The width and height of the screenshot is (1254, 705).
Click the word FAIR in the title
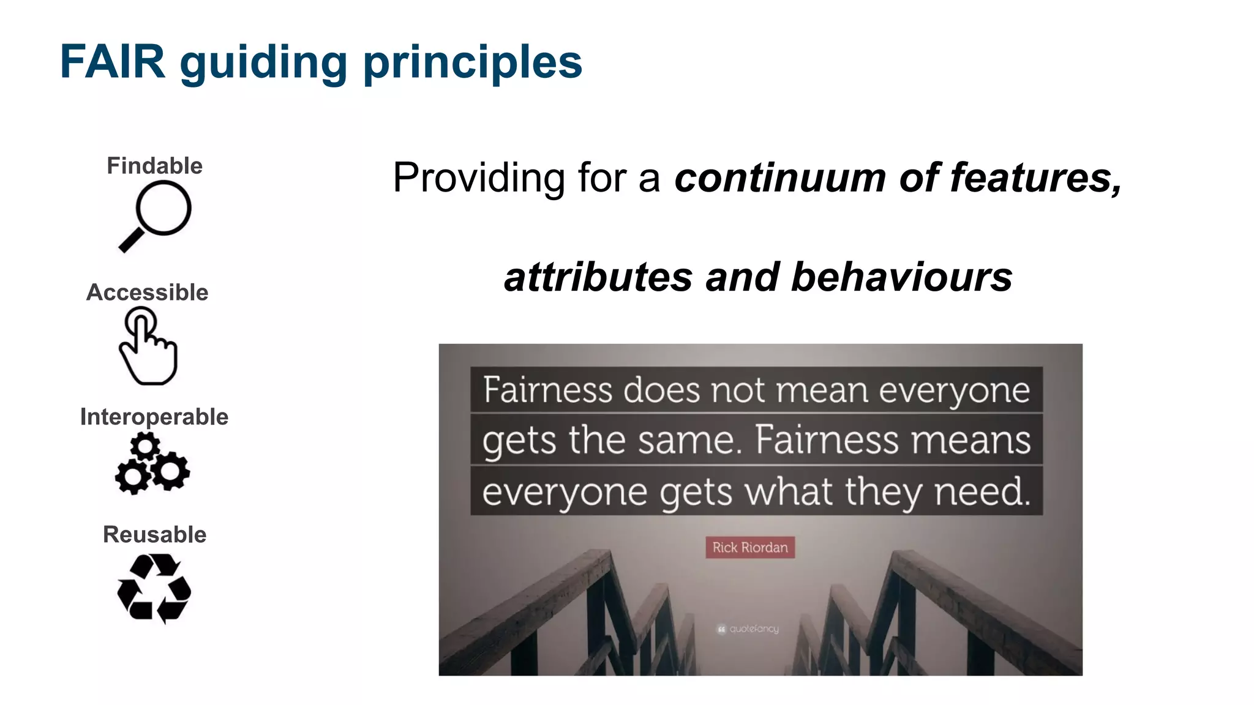click(113, 62)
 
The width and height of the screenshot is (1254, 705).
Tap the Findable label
click(154, 166)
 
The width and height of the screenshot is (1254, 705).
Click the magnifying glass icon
click(156, 216)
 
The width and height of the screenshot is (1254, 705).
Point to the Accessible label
click(147, 293)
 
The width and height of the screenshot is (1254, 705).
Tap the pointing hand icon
click(148, 346)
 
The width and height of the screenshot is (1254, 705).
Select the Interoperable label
click(154, 417)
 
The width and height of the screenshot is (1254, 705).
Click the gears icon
click(152, 463)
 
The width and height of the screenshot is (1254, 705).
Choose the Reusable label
click(154, 534)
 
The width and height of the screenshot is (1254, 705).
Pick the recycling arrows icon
click(154, 589)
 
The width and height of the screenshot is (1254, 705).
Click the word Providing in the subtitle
click(478, 178)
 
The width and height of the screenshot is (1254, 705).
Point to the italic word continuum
click(779, 178)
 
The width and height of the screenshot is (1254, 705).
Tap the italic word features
click(1035, 178)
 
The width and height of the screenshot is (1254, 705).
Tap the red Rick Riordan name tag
click(749, 547)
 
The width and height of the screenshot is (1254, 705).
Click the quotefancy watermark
click(748, 629)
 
